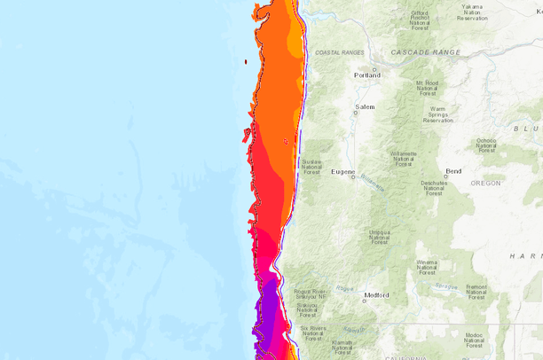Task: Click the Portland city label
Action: point(367,75)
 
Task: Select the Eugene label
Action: point(342,171)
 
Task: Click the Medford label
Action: point(376,296)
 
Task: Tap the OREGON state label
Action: point(485,183)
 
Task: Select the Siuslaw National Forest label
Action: point(311,168)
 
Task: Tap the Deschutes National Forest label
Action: point(433,188)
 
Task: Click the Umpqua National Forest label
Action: point(379,237)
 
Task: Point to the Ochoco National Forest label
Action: point(485,145)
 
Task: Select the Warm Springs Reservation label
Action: point(437,114)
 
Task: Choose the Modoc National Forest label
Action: point(475,341)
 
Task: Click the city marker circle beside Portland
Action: point(374,69)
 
